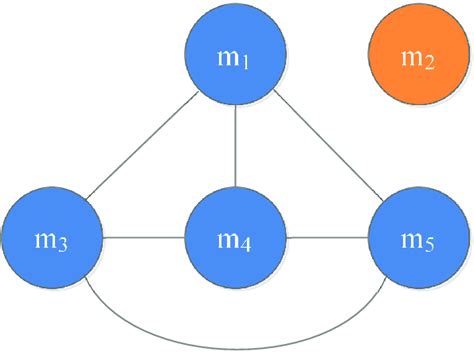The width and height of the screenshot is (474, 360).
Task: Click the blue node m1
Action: coord(237,55)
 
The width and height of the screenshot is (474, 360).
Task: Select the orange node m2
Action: coord(416,55)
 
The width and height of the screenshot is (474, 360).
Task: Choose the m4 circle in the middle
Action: coord(237,238)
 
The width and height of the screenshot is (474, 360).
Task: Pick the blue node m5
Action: coord(419,238)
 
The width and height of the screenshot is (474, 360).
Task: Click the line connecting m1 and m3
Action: coord(140,150)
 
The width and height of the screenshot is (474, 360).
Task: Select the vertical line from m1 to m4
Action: coord(237,146)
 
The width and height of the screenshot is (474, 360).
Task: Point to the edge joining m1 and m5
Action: coord(330,150)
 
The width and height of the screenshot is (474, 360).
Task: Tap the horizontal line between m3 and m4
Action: coord(144,238)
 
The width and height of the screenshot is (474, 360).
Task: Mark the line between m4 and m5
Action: coord(328,238)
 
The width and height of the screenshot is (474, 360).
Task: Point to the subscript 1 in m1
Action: coord(247,66)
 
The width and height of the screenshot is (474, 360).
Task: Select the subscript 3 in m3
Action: coord(62,249)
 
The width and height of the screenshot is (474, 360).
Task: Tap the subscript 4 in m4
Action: coord(247,248)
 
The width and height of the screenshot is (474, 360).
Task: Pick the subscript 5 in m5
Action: coord(430,249)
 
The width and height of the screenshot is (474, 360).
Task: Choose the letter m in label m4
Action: coord(229,241)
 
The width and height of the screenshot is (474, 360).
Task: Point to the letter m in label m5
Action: coord(411,241)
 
